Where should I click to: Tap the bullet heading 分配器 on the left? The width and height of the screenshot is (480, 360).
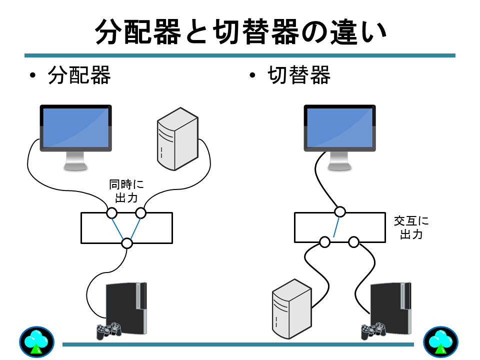point(79,76)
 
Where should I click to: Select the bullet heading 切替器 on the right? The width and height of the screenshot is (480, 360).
point(298,76)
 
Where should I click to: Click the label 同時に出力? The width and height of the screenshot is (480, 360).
point(126,190)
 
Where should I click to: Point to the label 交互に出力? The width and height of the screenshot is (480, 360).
point(411,227)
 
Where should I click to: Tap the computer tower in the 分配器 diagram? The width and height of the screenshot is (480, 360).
point(176,138)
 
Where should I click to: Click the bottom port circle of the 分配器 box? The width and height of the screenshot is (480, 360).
point(127,243)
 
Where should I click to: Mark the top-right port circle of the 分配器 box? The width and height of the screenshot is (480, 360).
point(141,213)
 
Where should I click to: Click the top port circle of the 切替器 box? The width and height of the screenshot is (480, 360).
point(340,211)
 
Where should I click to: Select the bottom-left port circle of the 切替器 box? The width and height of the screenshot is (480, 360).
point(325,242)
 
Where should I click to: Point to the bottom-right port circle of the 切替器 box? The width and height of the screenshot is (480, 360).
point(354,242)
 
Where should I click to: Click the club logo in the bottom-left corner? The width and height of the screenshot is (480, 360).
point(36,342)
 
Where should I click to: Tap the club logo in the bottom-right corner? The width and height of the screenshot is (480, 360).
point(440,342)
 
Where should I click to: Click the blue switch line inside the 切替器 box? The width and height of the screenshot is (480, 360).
point(337,226)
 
